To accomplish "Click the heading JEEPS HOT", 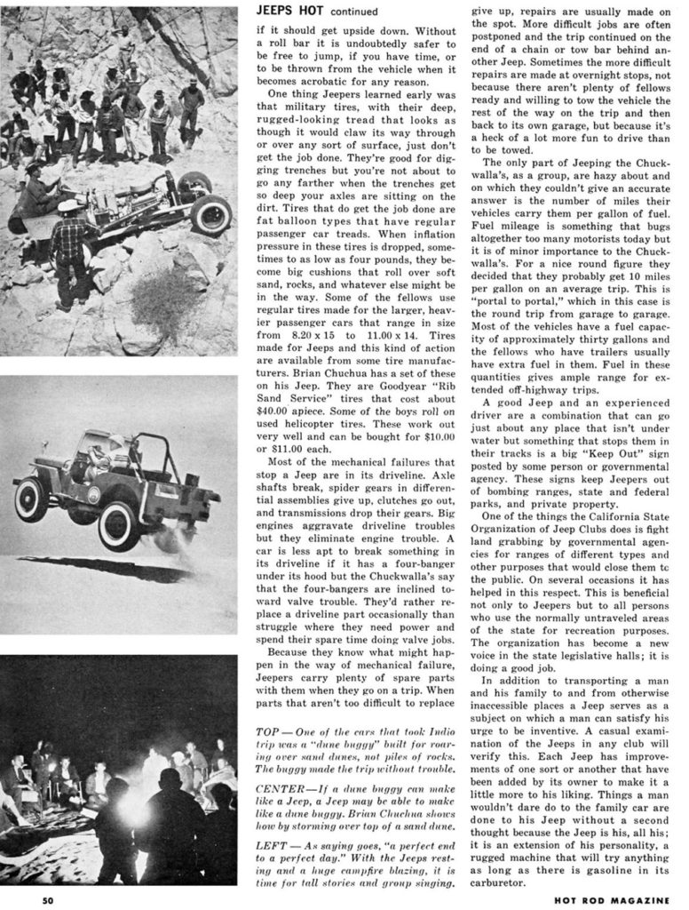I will [x=289, y=11].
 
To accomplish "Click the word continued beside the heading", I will [x=353, y=12].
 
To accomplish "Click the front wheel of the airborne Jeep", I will [x=32, y=499].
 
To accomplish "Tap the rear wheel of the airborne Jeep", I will [x=118, y=526].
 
